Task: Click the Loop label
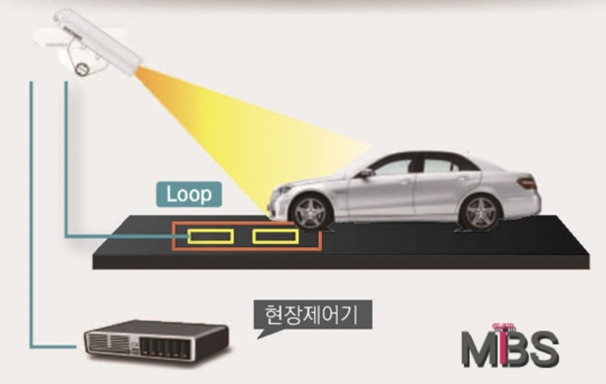[x=189, y=194]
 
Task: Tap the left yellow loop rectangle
[x=211, y=237]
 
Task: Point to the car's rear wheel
[x=480, y=212]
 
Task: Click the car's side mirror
[x=365, y=174]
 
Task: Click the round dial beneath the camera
[x=81, y=69]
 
